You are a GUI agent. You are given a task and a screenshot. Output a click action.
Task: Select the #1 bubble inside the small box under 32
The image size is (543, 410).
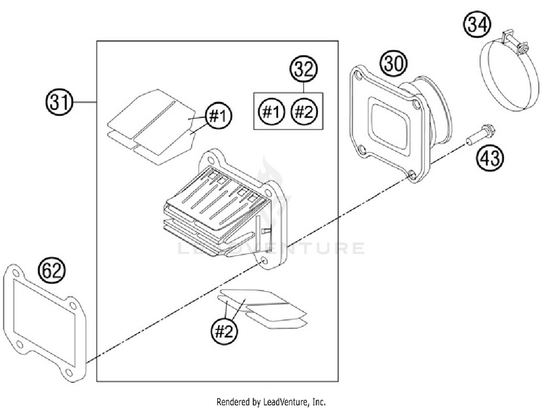pyautogui.click(x=271, y=112)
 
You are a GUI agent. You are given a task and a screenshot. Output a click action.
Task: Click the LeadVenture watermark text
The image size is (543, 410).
pyautogui.click(x=271, y=249)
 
